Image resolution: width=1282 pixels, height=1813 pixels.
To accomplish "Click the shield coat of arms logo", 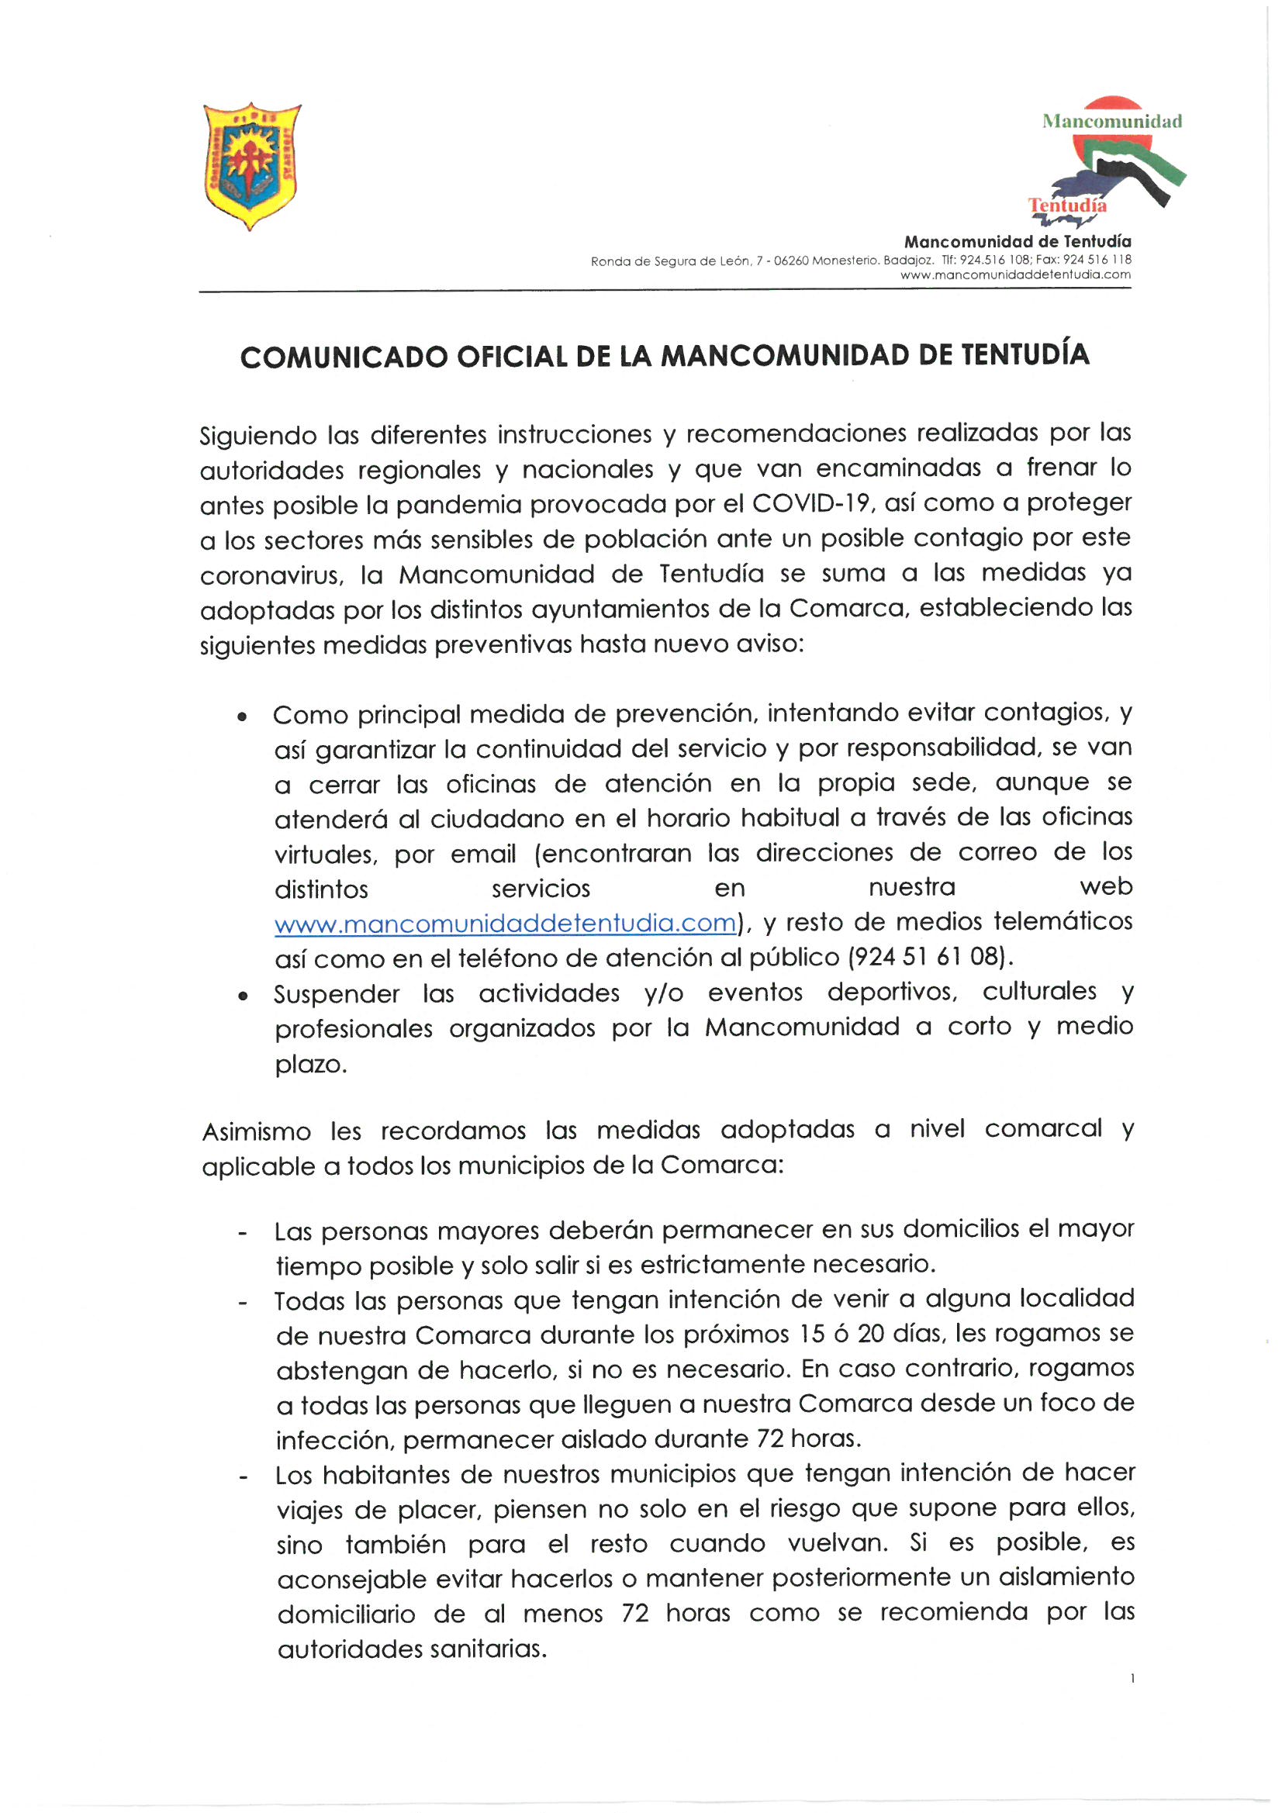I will click(251, 166).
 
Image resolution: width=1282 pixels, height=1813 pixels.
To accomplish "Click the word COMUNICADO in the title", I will click(344, 357).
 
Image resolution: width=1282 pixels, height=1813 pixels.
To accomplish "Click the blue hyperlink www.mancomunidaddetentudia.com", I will click(505, 923).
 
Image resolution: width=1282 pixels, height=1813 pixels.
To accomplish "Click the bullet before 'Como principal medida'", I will click(243, 717).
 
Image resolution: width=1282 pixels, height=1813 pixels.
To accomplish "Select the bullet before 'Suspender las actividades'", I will click(243, 997).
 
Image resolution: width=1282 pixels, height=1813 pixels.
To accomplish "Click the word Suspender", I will click(337, 994).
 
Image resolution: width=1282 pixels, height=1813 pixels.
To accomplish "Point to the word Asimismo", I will click(257, 1132).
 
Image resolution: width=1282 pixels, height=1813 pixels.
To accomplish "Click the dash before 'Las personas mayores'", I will click(243, 1233).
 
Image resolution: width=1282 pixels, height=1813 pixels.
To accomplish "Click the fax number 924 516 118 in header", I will click(1097, 260).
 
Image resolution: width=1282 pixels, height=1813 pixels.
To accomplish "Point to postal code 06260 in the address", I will click(791, 261).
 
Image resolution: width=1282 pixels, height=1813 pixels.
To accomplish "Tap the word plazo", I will click(309, 1065).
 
